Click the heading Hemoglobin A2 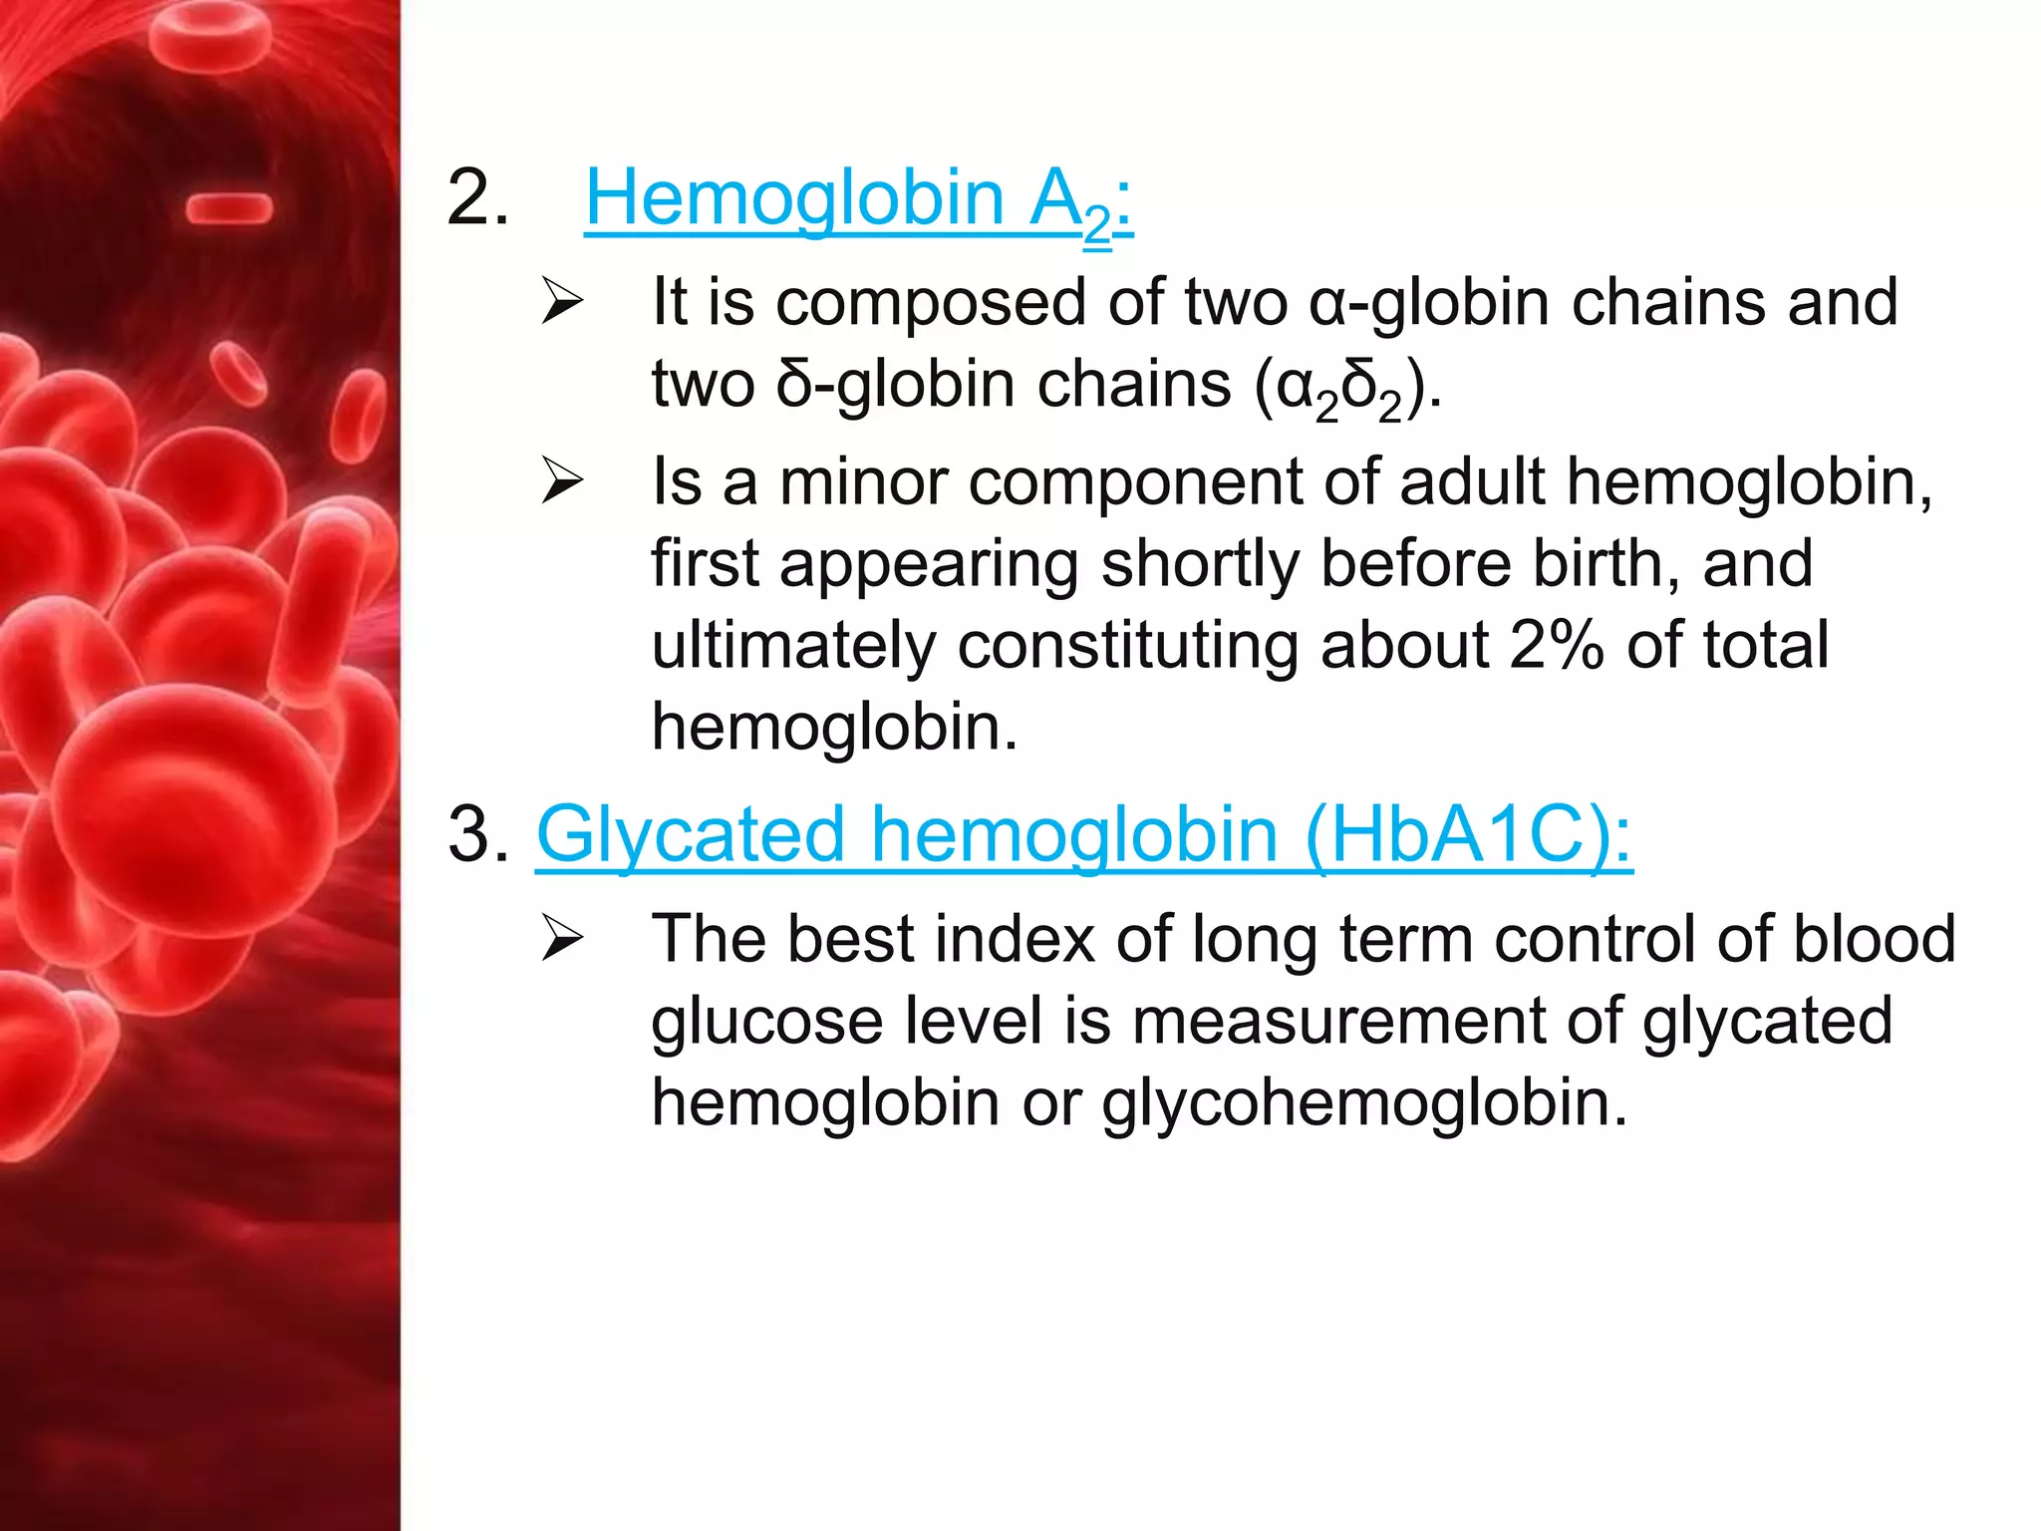[x=857, y=199]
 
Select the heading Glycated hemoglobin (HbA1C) [x=1083, y=835]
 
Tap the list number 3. [x=477, y=835]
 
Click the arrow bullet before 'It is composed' [x=562, y=302]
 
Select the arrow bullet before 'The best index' [x=562, y=939]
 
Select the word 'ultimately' [x=793, y=645]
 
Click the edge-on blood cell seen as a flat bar [x=229, y=208]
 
